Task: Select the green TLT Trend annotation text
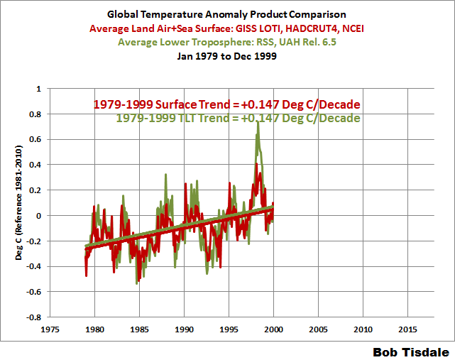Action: [x=238, y=118]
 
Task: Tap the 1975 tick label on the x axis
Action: [x=50, y=329]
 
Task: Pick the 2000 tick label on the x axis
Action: [x=273, y=329]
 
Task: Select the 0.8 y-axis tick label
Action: [x=34, y=114]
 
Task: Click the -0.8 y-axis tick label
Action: [x=33, y=317]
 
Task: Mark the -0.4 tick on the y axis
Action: [x=33, y=266]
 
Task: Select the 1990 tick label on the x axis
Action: [x=185, y=329]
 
